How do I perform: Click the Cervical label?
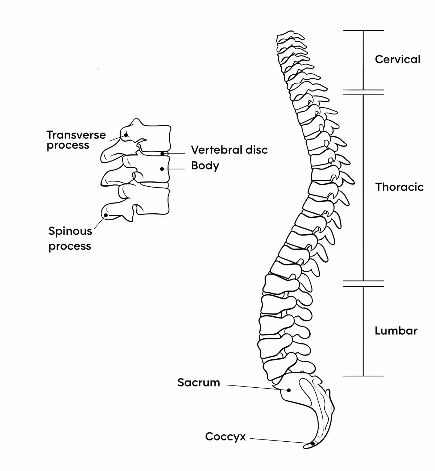pyautogui.click(x=397, y=59)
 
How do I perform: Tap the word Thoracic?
pyautogui.click(x=399, y=187)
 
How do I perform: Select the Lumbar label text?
pyautogui.click(x=396, y=331)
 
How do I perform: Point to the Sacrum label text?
pyautogui.click(x=199, y=383)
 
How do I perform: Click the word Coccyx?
pyautogui.click(x=225, y=437)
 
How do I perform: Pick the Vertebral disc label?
pyautogui.click(x=229, y=150)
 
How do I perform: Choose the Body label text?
pyautogui.click(x=205, y=166)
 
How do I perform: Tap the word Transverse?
pyautogui.click(x=76, y=135)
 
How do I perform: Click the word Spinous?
pyautogui.click(x=70, y=231)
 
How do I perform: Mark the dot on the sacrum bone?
pyautogui.click(x=289, y=390)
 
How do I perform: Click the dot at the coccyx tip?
pyautogui.click(x=312, y=443)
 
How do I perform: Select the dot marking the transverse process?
pyautogui.click(x=126, y=135)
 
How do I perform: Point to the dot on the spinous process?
pyautogui.click(x=106, y=215)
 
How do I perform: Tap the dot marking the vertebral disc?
pyautogui.click(x=163, y=154)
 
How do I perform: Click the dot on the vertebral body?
pyautogui.click(x=162, y=169)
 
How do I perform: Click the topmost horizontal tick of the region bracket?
pyautogui.click(x=363, y=30)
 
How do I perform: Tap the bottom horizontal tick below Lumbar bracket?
pyautogui.click(x=363, y=376)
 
